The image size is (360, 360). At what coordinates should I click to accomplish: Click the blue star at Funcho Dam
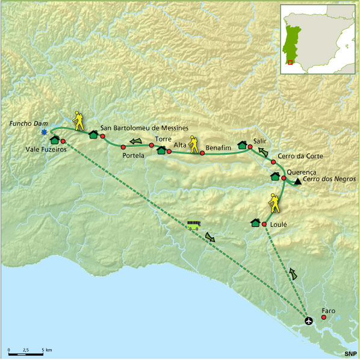(43, 132)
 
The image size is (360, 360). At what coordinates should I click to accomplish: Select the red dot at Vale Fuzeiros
(63, 140)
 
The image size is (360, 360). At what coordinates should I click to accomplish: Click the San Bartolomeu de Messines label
(144, 128)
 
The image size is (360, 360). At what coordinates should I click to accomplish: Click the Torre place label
(163, 138)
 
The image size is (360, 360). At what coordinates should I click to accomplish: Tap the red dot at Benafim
(202, 153)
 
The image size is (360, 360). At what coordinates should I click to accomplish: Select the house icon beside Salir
(243, 144)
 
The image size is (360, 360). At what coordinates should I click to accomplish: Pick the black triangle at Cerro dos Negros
(297, 182)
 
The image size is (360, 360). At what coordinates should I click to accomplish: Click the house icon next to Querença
(275, 176)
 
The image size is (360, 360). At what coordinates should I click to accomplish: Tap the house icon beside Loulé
(255, 223)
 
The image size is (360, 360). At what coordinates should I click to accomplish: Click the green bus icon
(193, 225)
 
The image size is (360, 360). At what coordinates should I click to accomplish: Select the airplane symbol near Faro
(309, 320)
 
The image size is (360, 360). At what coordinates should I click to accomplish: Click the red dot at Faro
(324, 317)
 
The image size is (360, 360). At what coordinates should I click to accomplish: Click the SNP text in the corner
(350, 354)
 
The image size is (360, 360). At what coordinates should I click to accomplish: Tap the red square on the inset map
(290, 61)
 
